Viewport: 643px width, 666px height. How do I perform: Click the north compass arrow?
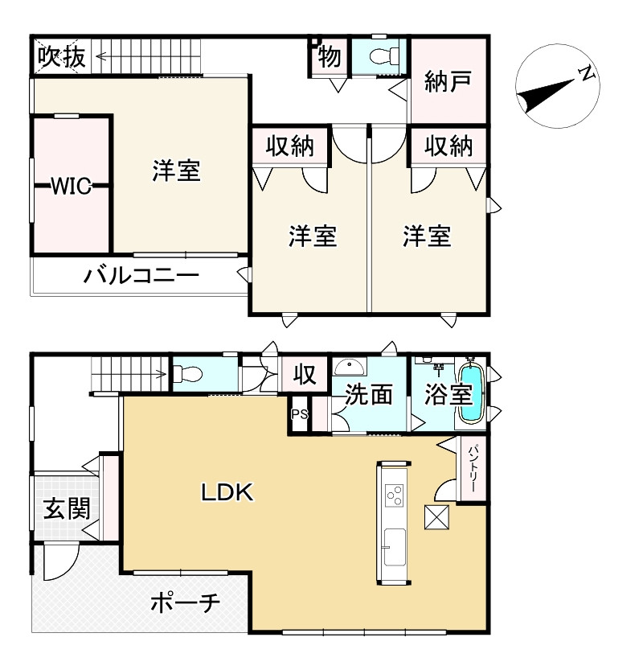[555, 89]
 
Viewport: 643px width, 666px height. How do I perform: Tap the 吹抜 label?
[60, 56]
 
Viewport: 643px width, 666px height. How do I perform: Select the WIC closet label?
[71, 187]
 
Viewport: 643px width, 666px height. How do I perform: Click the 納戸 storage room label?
[448, 83]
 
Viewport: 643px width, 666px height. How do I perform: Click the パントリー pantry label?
[473, 471]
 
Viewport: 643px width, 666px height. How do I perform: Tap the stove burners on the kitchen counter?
[394, 495]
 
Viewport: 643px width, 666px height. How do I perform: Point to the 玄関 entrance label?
[66, 508]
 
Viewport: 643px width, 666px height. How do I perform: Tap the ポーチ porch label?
[186, 603]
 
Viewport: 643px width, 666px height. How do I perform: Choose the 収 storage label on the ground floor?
[304, 375]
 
